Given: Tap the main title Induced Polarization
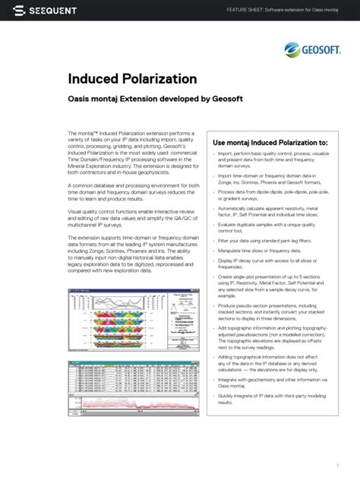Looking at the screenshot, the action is tap(132, 79).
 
